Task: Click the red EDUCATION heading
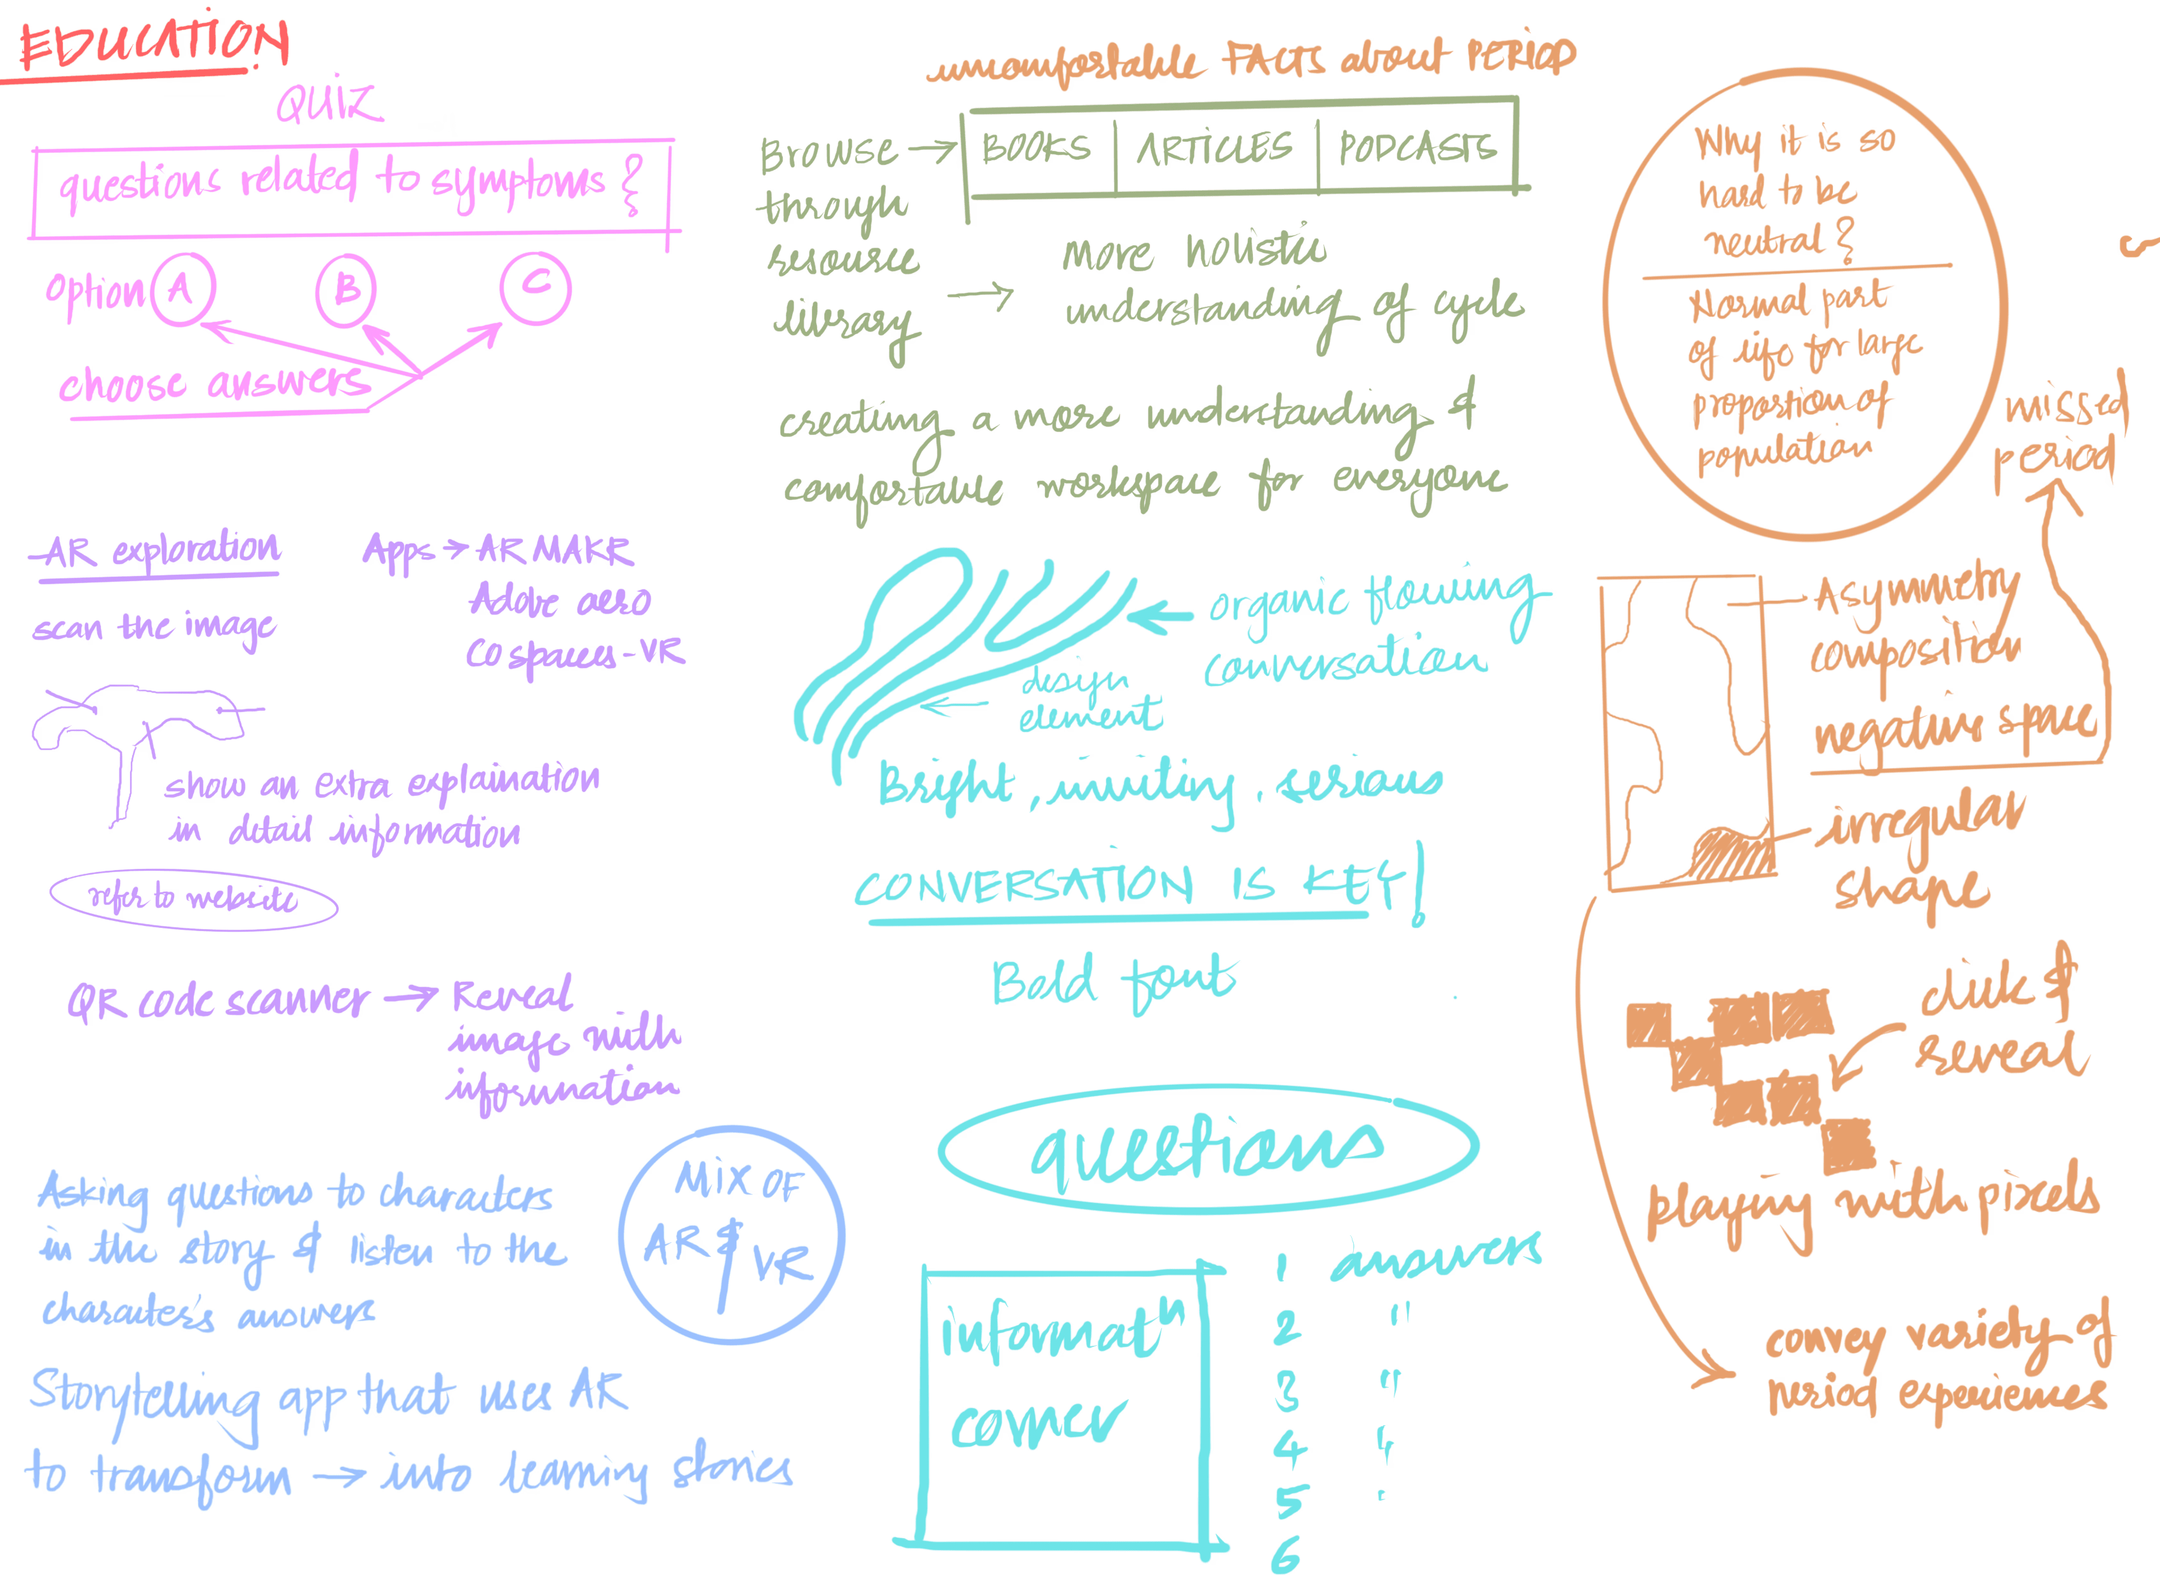[152, 48]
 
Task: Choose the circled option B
[346, 288]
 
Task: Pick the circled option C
[535, 285]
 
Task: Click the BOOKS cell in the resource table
[1037, 150]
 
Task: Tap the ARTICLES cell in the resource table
[1216, 150]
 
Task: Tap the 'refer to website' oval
[194, 899]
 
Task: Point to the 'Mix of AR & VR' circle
[731, 1237]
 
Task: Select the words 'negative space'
[1955, 729]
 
